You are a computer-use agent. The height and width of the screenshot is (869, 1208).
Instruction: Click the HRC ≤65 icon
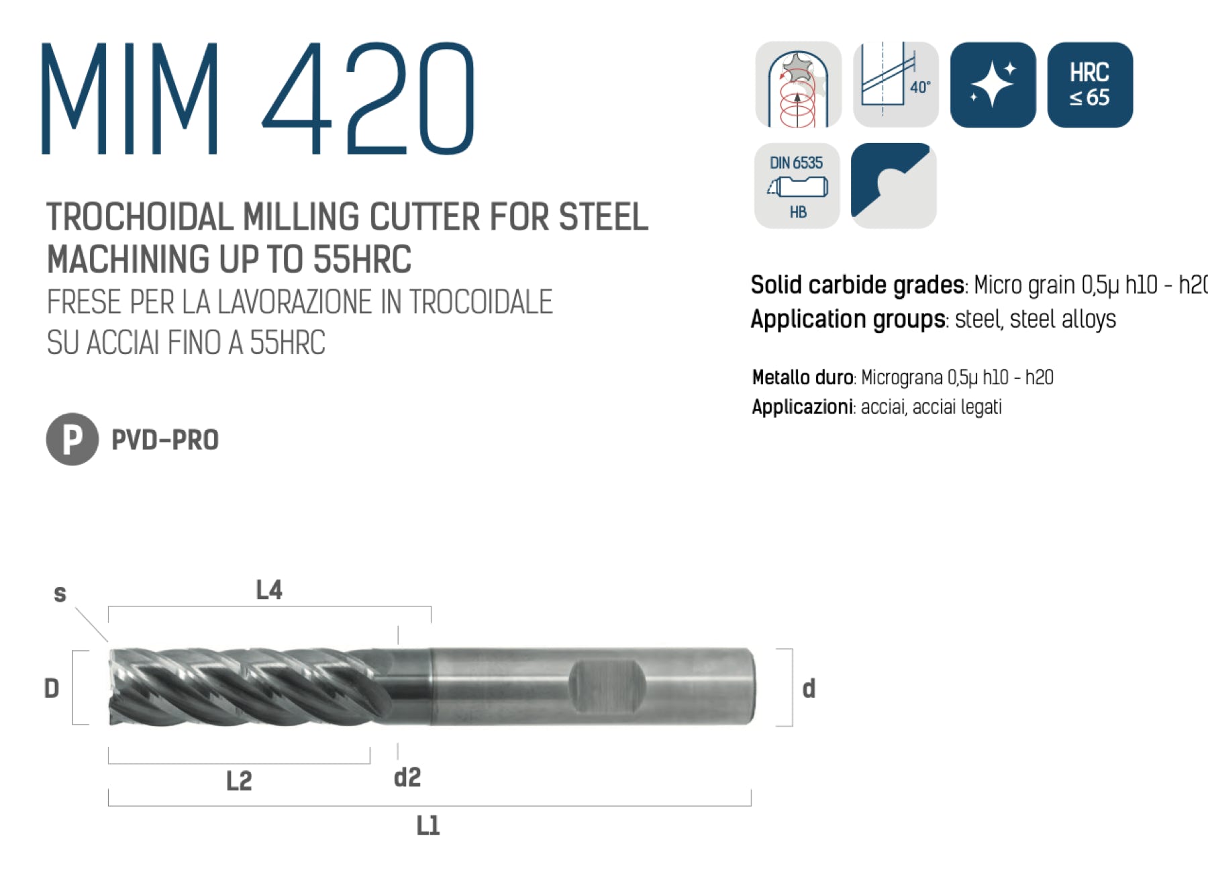[1090, 85]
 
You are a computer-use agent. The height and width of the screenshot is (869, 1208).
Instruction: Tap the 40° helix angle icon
[895, 85]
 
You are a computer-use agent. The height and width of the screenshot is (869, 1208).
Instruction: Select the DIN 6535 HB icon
[797, 186]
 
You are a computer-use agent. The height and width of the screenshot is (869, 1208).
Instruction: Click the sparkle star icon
[993, 85]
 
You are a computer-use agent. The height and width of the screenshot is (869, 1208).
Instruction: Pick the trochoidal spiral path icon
[798, 85]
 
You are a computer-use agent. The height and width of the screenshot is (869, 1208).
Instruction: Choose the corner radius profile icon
[894, 186]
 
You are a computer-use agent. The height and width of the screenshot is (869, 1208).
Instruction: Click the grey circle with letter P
[72, 439]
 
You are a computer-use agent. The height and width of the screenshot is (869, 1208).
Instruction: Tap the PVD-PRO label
[165, 440]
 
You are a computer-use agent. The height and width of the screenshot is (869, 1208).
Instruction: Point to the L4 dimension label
[269, 590]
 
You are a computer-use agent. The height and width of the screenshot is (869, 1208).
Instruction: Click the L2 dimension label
[239, 781]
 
